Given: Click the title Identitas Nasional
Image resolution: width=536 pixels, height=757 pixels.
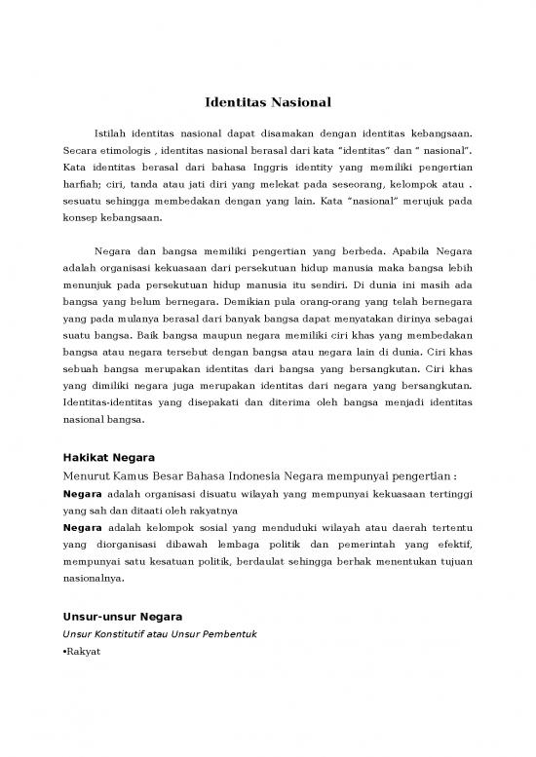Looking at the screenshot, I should tap(268, 101).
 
